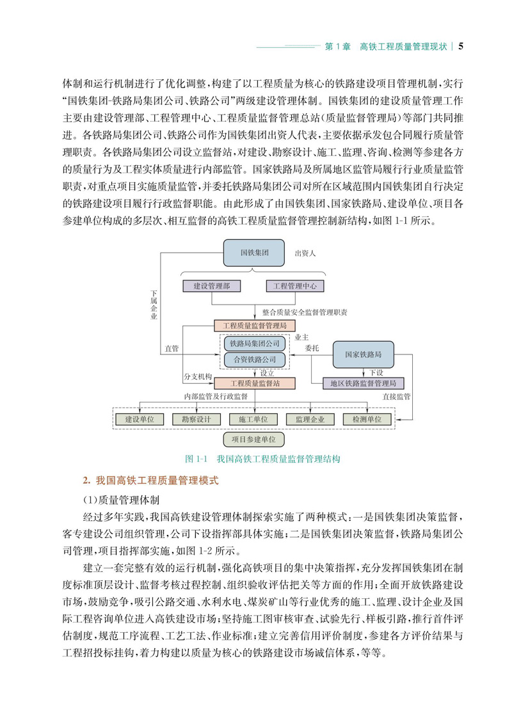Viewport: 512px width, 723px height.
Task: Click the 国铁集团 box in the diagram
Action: pos(254,253)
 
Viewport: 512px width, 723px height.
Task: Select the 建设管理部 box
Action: pos(212,286)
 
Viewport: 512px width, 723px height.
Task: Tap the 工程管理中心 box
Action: pos(295,286)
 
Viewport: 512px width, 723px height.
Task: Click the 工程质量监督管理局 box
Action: pos(255,326)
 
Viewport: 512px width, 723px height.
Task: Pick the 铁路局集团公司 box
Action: pos(255,343)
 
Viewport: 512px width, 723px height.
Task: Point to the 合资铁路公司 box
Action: pos(255,359)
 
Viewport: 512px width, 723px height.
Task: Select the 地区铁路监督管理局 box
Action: pos(363,383)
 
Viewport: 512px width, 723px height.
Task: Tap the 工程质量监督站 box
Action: pos(255,383)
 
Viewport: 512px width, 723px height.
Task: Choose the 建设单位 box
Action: pos(141,419)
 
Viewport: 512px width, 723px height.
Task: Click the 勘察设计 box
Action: pos(197,419)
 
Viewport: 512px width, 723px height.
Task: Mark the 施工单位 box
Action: pos(254,419)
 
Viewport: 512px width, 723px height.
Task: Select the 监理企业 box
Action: pos(310,419)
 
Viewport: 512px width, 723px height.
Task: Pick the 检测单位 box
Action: pos(367,419)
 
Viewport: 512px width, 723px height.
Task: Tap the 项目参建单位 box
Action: pos(254,440)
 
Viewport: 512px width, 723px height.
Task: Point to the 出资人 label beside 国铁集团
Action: pos(305,253)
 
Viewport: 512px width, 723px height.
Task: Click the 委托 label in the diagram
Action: pos(312,349)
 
